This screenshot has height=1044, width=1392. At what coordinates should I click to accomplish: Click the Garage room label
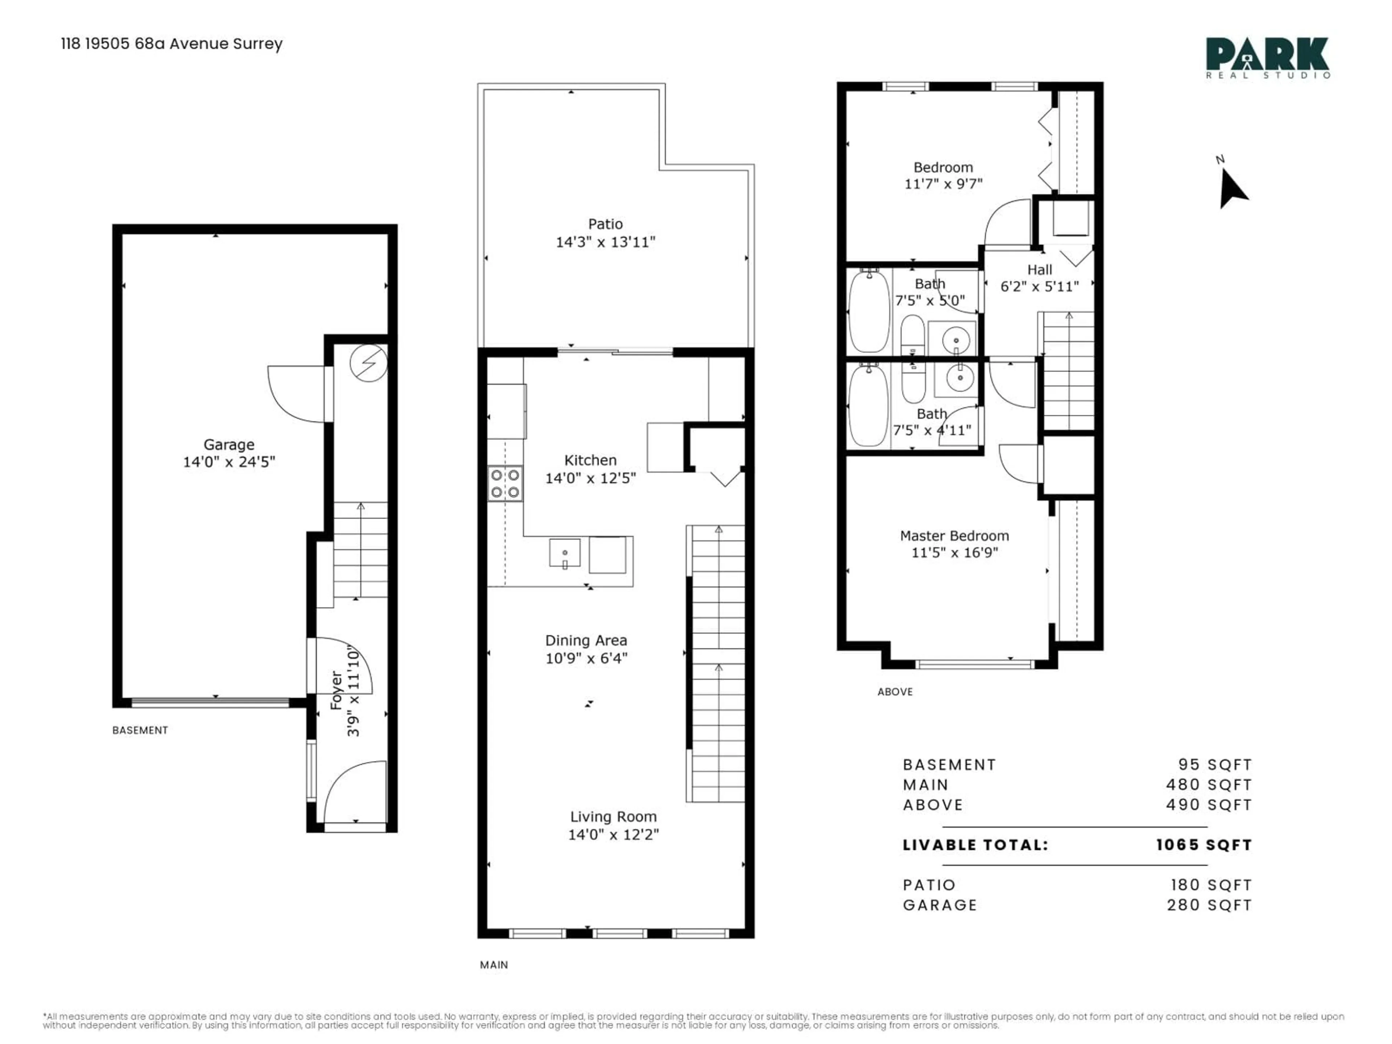point(228,445)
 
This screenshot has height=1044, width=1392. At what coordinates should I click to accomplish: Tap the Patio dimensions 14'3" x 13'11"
point(605,242)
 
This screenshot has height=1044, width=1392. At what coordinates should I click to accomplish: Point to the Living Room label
point(613,817)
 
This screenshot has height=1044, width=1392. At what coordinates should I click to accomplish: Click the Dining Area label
point(586,641)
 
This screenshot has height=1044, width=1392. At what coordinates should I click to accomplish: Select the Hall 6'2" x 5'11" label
point(1040,278)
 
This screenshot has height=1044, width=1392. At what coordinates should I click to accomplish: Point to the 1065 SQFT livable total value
point(1204,845)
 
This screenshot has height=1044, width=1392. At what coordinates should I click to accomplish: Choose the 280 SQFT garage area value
point(1209,905)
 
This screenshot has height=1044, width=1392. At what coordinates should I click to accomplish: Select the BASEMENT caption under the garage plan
point(140,730)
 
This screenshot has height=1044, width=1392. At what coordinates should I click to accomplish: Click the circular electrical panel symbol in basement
point(369,363)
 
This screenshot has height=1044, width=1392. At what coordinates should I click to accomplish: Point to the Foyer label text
point(337,690)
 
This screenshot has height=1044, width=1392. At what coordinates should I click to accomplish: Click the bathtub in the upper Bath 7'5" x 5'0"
point(869,311)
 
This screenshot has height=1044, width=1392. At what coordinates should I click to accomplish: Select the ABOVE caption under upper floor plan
point(895,692)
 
